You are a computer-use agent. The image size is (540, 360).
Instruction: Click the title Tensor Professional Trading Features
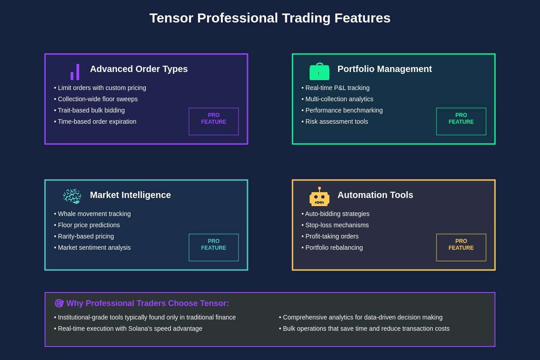(x=270, y=18)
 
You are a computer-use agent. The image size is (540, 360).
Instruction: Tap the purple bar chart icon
(x=75, y=72)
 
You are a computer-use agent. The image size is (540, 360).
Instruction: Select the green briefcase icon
(x=319, y=72)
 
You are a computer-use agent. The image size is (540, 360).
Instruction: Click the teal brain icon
(x=72, y=196)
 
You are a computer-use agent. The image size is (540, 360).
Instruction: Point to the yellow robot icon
(x=319, y=197)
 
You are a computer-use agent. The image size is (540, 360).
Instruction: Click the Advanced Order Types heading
(x=139, y=69)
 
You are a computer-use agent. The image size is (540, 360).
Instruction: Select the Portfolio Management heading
(x=384, y=69)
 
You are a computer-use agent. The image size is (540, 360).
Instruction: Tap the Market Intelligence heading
(x=130, y=195)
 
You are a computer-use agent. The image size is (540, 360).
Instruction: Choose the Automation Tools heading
(x=375, y=195)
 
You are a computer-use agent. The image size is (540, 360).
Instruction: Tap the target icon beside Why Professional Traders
(x=59, y=303)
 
